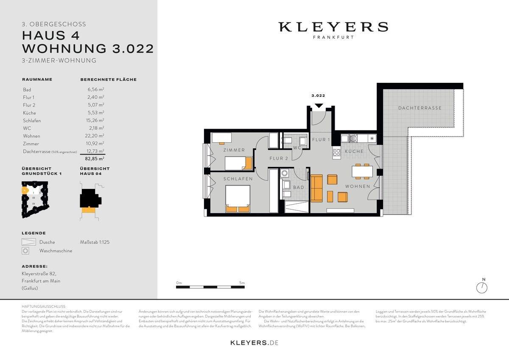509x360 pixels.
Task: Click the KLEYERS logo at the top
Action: pyautogui.click(x=333, y=27)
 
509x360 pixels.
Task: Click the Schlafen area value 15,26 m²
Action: pyautogui.click(x=94, y=121)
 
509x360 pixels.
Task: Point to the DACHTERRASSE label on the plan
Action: pyautogui.click(x=420, y=108)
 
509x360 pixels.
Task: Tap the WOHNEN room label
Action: pyautogui.click(x=357, y=186)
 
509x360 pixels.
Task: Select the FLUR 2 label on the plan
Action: pyautogui.click(x=279, y=159)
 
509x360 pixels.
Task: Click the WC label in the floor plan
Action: pyautogui.click(x=297, y=148)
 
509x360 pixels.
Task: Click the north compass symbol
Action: pyautogui.click(x=482, y=287)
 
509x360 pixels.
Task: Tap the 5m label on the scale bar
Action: pyautogui.click(x=242, y=283)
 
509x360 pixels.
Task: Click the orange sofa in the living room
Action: pyautogui.click(x=316, y=188)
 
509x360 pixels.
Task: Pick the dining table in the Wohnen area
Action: pyautogui.click(x=362, y=171)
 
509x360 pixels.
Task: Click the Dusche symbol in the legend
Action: pyautogui.click(x=28, y=242)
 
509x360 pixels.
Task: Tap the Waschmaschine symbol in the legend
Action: pyautogui.click(x=26, y=251)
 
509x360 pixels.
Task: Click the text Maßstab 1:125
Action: pyautogui.click(x=95, y=242)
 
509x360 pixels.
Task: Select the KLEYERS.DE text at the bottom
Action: pyautogui.click(x=254, y=343)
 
